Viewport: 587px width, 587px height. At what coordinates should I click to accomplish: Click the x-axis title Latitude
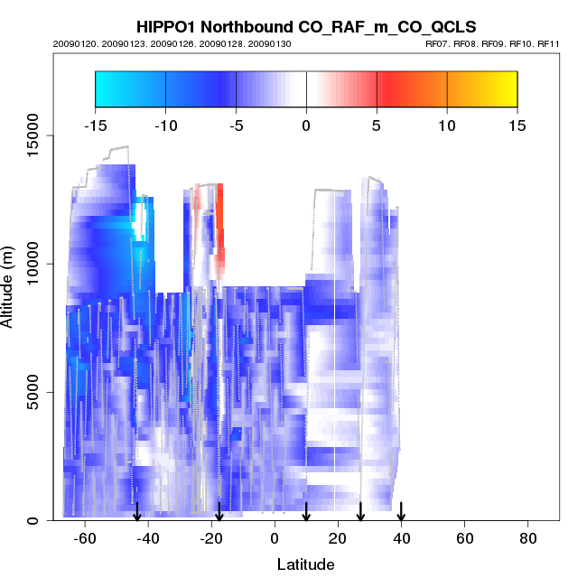pyautogui.click(x=305, y=564)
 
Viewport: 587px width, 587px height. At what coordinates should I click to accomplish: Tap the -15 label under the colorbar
pyautogui.click(x=95, y=126)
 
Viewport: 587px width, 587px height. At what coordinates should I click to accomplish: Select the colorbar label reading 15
pyautogui.click(x=517, y=126)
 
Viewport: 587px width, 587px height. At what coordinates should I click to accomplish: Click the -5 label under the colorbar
pyautogui.click(x=235, y=126)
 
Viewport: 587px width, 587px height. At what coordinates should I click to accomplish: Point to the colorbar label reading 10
pyautogui.click(x=447, y=126)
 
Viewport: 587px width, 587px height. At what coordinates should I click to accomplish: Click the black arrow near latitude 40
pyautogui.click(x=401, y=511)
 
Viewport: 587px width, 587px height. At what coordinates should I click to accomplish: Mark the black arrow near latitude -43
pyautogui.click(x=137, y=511)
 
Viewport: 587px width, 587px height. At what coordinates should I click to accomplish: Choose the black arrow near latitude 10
pyautogui.click(x=306, y=511)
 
